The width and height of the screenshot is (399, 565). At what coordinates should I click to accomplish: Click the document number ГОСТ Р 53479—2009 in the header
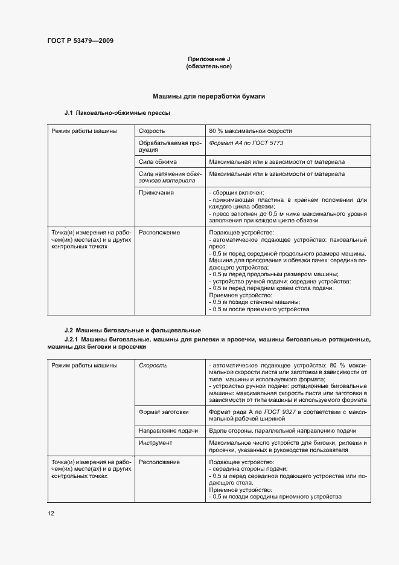[80, 41]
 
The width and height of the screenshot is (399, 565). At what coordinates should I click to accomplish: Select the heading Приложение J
[209, 59]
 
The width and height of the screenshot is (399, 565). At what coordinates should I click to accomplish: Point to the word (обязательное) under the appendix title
[209, 66]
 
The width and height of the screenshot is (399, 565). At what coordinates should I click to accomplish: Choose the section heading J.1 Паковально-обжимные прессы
[117, 113]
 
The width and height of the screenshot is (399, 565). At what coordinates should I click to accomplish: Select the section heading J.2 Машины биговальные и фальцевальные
[132, 331]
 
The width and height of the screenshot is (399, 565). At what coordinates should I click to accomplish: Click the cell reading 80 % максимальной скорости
[251, 131]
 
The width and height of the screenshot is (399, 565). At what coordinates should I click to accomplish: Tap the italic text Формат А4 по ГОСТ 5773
[246, 143]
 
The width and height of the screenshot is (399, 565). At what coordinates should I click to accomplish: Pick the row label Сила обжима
[158, 162]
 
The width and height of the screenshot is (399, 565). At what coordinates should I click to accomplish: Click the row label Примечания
[156, 193]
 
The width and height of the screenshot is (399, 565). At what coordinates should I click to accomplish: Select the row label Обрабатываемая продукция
[168, 147]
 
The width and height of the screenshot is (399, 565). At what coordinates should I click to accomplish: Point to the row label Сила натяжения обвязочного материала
[168, 177]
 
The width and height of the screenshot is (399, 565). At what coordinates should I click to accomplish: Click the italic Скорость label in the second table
[153, 366]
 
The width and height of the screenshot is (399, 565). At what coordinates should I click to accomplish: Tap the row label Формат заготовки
[163, 412]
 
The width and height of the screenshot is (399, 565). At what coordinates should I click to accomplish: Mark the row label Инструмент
[156, 443]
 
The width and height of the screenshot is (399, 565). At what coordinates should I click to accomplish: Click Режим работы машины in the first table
[84, 131]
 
